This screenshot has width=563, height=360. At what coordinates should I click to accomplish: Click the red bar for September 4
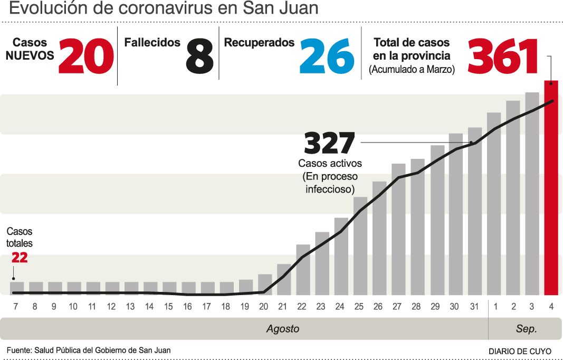pyautogui.click(x=551, y=187)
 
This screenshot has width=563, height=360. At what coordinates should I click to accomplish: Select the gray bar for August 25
pyautogui.click(x=360, y=246)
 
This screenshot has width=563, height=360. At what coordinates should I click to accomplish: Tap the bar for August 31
pyautogui.click(x=475, y=211)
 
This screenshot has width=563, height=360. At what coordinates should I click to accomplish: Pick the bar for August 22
pyautogui.click(x=303, y=270)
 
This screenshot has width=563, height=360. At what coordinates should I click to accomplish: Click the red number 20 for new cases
pyautogui.click(x=86, y=56)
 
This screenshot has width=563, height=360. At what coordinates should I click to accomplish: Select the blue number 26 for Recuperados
pyautogui.click(x=327, y=56)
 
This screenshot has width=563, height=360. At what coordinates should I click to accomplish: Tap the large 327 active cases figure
pyautogui.click(x=330, y=143)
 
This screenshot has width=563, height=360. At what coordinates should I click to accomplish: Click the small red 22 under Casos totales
pyautogui.click(x=19, y=258)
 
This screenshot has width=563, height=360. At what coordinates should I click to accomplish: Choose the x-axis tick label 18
pyautogui.click(x=226, y=306)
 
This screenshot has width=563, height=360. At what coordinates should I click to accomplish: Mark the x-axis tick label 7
pyautogui.click(x=16, y=306)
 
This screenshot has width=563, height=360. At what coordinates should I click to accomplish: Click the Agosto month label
pyautogui.click(x=282, y=329)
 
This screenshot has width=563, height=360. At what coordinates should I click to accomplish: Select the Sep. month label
pyautogui.click(x=526, y=329)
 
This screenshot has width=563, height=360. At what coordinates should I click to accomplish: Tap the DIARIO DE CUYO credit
pyautogui.click(x=520, y=351)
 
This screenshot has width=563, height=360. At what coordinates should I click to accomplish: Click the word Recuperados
pyautogui.click(x=259, y=43)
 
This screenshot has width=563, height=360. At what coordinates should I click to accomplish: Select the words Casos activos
pyautogui.click(x=330, y=164)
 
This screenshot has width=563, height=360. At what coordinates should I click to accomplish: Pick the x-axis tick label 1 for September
pyautogui.click(x=495, y=306)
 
